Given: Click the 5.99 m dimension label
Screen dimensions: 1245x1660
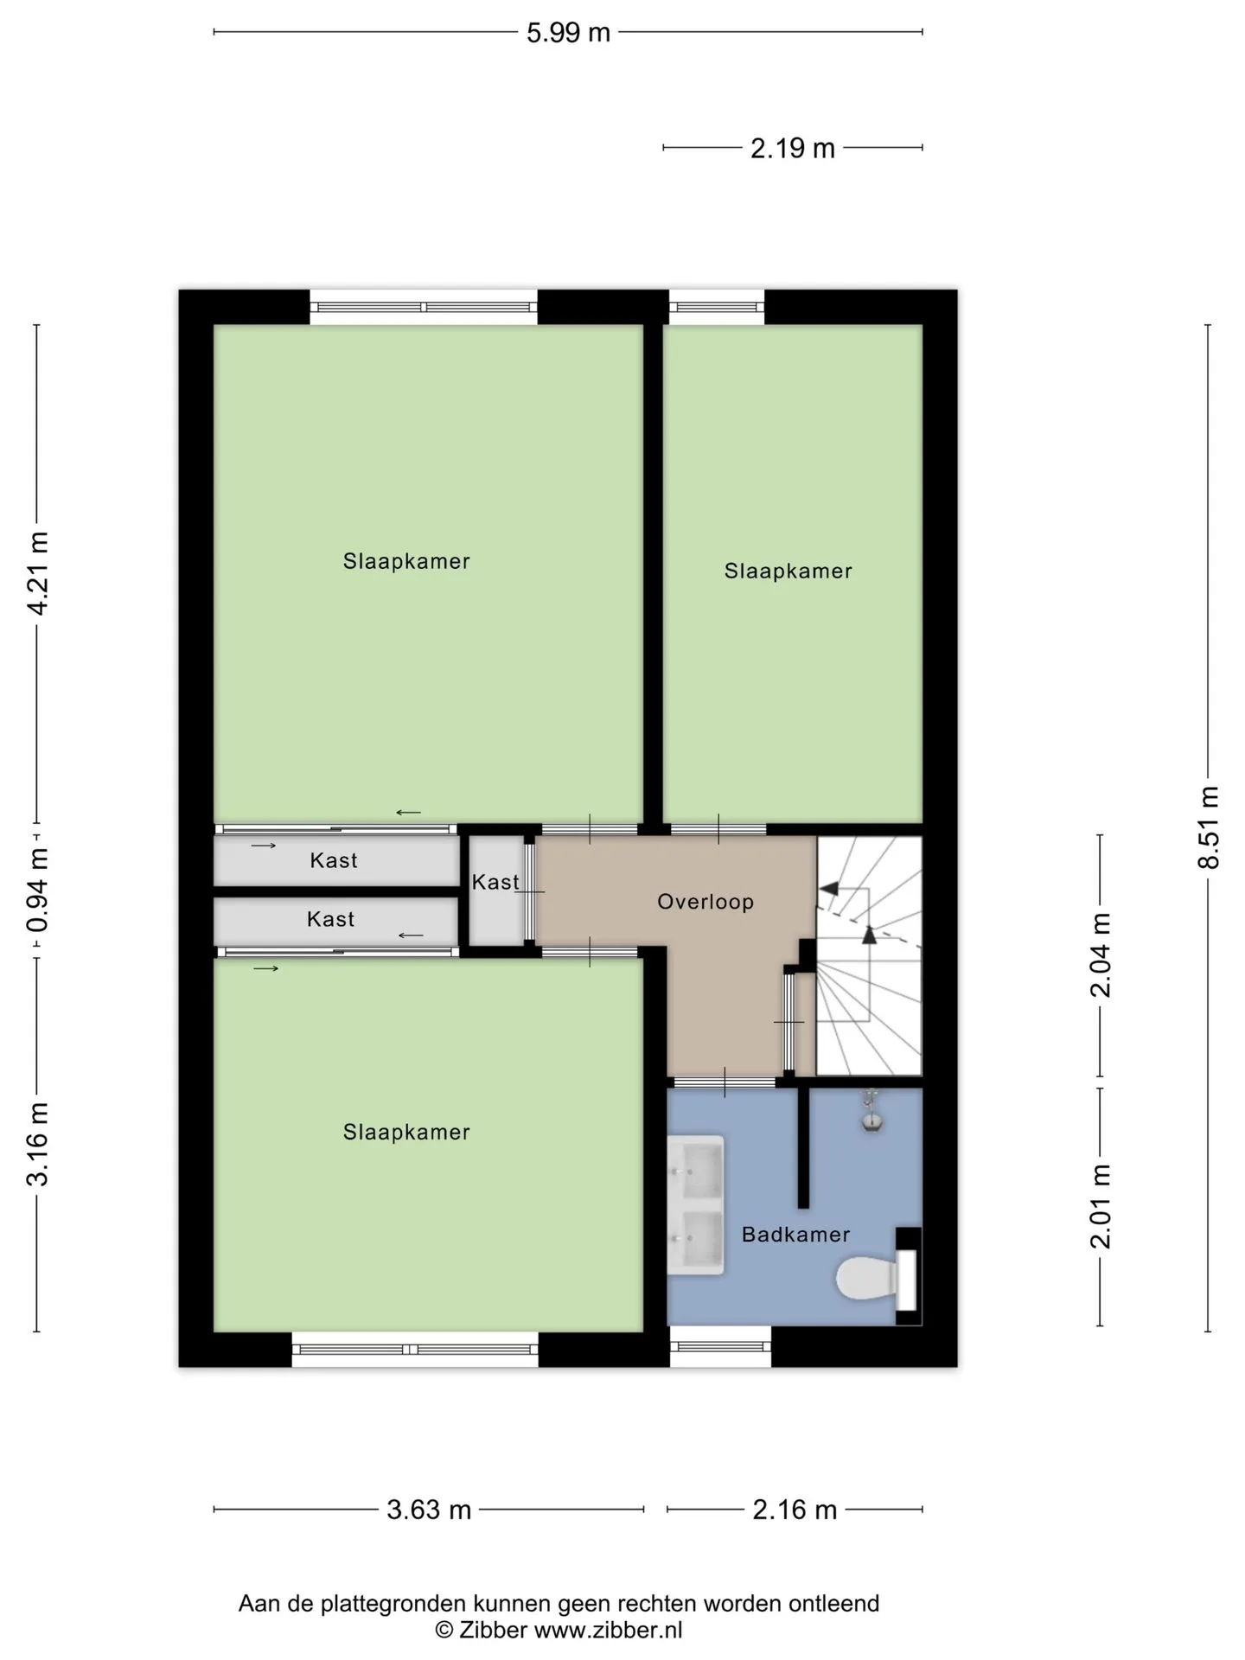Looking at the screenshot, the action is pos(568,33).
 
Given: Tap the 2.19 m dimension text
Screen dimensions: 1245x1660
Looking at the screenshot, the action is pos(792,149).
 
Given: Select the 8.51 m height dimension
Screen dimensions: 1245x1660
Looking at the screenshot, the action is pos(1208,827).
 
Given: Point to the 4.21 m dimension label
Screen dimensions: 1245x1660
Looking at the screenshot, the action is pos(37,573).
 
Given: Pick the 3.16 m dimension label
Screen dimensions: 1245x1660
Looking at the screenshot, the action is pos(37,1144).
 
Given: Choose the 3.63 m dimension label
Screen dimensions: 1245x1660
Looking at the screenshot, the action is pos(429,1510).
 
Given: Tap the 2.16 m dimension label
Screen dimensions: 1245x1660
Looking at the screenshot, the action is pos(795,1510).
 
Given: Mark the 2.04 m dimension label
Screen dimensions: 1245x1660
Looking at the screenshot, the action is pos(1100,954).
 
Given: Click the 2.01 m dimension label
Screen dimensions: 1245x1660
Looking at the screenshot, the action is pos(1100,1206).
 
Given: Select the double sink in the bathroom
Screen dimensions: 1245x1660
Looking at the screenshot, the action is pos(696,1204).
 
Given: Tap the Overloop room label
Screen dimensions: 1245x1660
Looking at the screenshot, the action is pos(705,902).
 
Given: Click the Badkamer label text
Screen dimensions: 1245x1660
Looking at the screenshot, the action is pos(795,1235).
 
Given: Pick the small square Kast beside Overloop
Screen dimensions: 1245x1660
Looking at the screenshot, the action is pos(496,891).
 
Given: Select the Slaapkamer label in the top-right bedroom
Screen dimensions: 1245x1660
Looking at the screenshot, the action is pos(788,571).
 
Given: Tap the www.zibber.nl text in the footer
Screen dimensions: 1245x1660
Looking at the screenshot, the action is pos(608,1631).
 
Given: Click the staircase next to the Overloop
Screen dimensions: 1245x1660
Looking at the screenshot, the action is pos(869,955).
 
